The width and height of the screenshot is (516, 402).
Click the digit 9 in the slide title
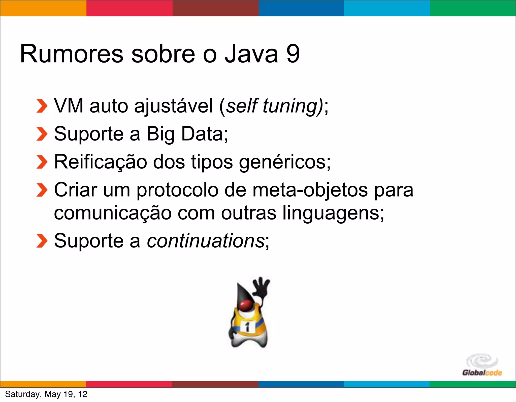coord(293,54)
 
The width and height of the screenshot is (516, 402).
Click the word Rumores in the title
coord(72,54)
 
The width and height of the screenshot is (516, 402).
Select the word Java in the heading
coord(251,54)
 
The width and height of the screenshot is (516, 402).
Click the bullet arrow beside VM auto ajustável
coord(42,106)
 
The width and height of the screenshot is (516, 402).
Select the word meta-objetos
coord(310,190)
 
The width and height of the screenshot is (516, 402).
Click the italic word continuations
coord(205,241)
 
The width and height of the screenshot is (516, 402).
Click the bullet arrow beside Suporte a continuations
coord(42,241)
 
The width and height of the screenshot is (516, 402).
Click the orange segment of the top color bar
coord(43,8)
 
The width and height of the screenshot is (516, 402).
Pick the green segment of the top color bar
coord(473,8)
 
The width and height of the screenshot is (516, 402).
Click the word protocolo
coord(177,190)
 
